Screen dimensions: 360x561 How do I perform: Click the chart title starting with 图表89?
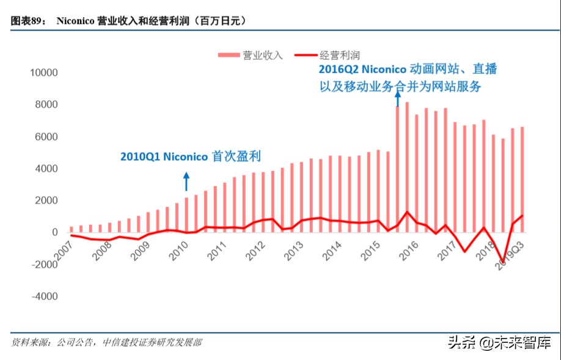(x=129, y=21)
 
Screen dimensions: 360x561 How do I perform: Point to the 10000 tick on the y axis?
(x=44, y=73)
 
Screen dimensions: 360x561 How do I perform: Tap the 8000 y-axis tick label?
(x=46, y=105)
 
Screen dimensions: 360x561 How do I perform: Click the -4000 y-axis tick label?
(x=45, y=296)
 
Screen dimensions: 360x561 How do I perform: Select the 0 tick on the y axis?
(x=54, y=232)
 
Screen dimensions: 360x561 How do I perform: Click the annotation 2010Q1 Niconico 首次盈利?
(x=190, y=156)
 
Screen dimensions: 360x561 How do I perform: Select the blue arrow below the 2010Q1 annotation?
(x=186, y=182)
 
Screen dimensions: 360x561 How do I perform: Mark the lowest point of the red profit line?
(x=503, y=262)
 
